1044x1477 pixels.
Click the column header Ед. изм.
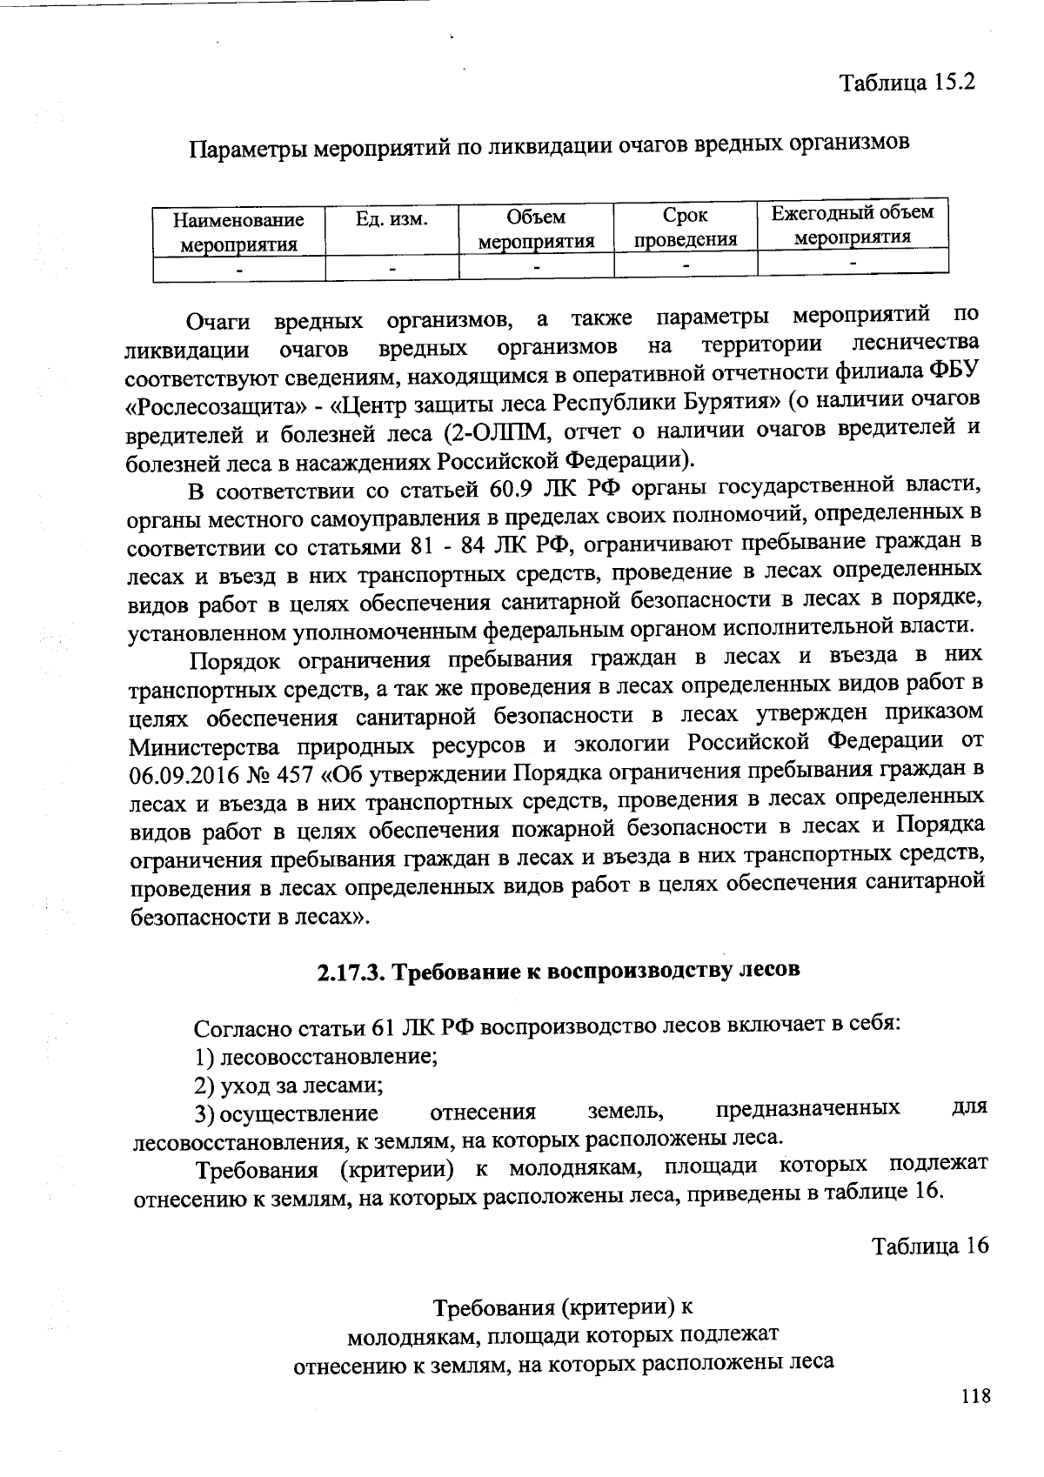[391, 218]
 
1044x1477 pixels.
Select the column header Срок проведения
[685, 227]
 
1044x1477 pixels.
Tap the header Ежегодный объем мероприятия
[853, 224]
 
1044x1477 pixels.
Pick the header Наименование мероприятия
[238, 232]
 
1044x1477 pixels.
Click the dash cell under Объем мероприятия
[536, 265]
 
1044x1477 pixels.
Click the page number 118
[975, 1397]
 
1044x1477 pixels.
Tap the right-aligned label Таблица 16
[930, 1246]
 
